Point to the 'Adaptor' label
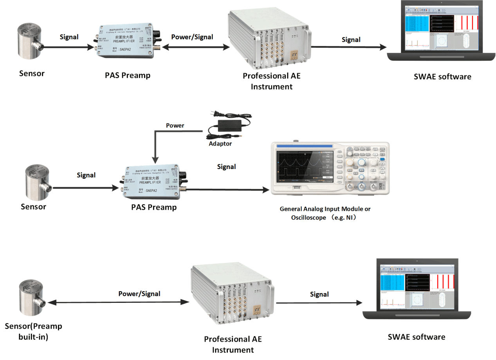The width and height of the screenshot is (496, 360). (220, 144)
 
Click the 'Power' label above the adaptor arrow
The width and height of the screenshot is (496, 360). (175, 126)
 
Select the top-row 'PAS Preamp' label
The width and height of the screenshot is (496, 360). (128, 75)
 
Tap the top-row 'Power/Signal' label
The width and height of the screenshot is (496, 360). (192, 37)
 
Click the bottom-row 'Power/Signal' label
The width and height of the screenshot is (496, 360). (139, 293)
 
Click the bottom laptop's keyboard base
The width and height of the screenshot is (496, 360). (417, 315)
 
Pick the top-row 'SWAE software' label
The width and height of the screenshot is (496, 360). (442, 77)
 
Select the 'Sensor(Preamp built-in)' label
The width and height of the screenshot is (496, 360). (33, 331)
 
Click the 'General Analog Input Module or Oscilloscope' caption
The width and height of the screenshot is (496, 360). (325, 213)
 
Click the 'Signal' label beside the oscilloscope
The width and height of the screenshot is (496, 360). (226, 167)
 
